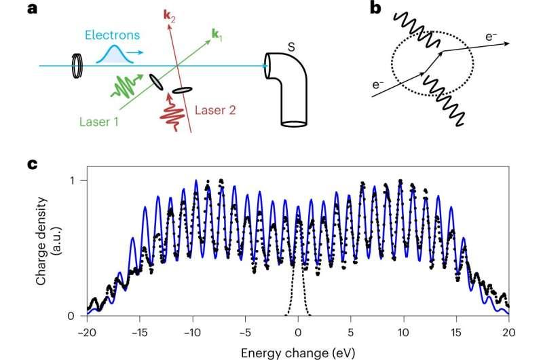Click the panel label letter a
(x=32, y=8)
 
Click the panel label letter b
(x=376, y=7)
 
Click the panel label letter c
(x=32, y=164)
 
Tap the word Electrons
(x=112, y=35)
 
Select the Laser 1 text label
(x=99, y=122)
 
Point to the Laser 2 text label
(x=215, y=110)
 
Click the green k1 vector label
(x=217, y=35)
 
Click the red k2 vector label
(x=169, y=16)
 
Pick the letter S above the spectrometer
(x=291, y=47)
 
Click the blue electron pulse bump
(x=115, y=55)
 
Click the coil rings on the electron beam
(x=77, y=66)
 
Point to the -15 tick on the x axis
(x=140, y=333)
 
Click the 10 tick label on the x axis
(x=403, y=333)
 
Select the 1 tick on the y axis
(x=72, y=181)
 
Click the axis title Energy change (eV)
(x=298, y=353)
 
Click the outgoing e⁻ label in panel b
(x=491, y=36)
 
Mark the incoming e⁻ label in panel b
(x=378, y=84)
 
